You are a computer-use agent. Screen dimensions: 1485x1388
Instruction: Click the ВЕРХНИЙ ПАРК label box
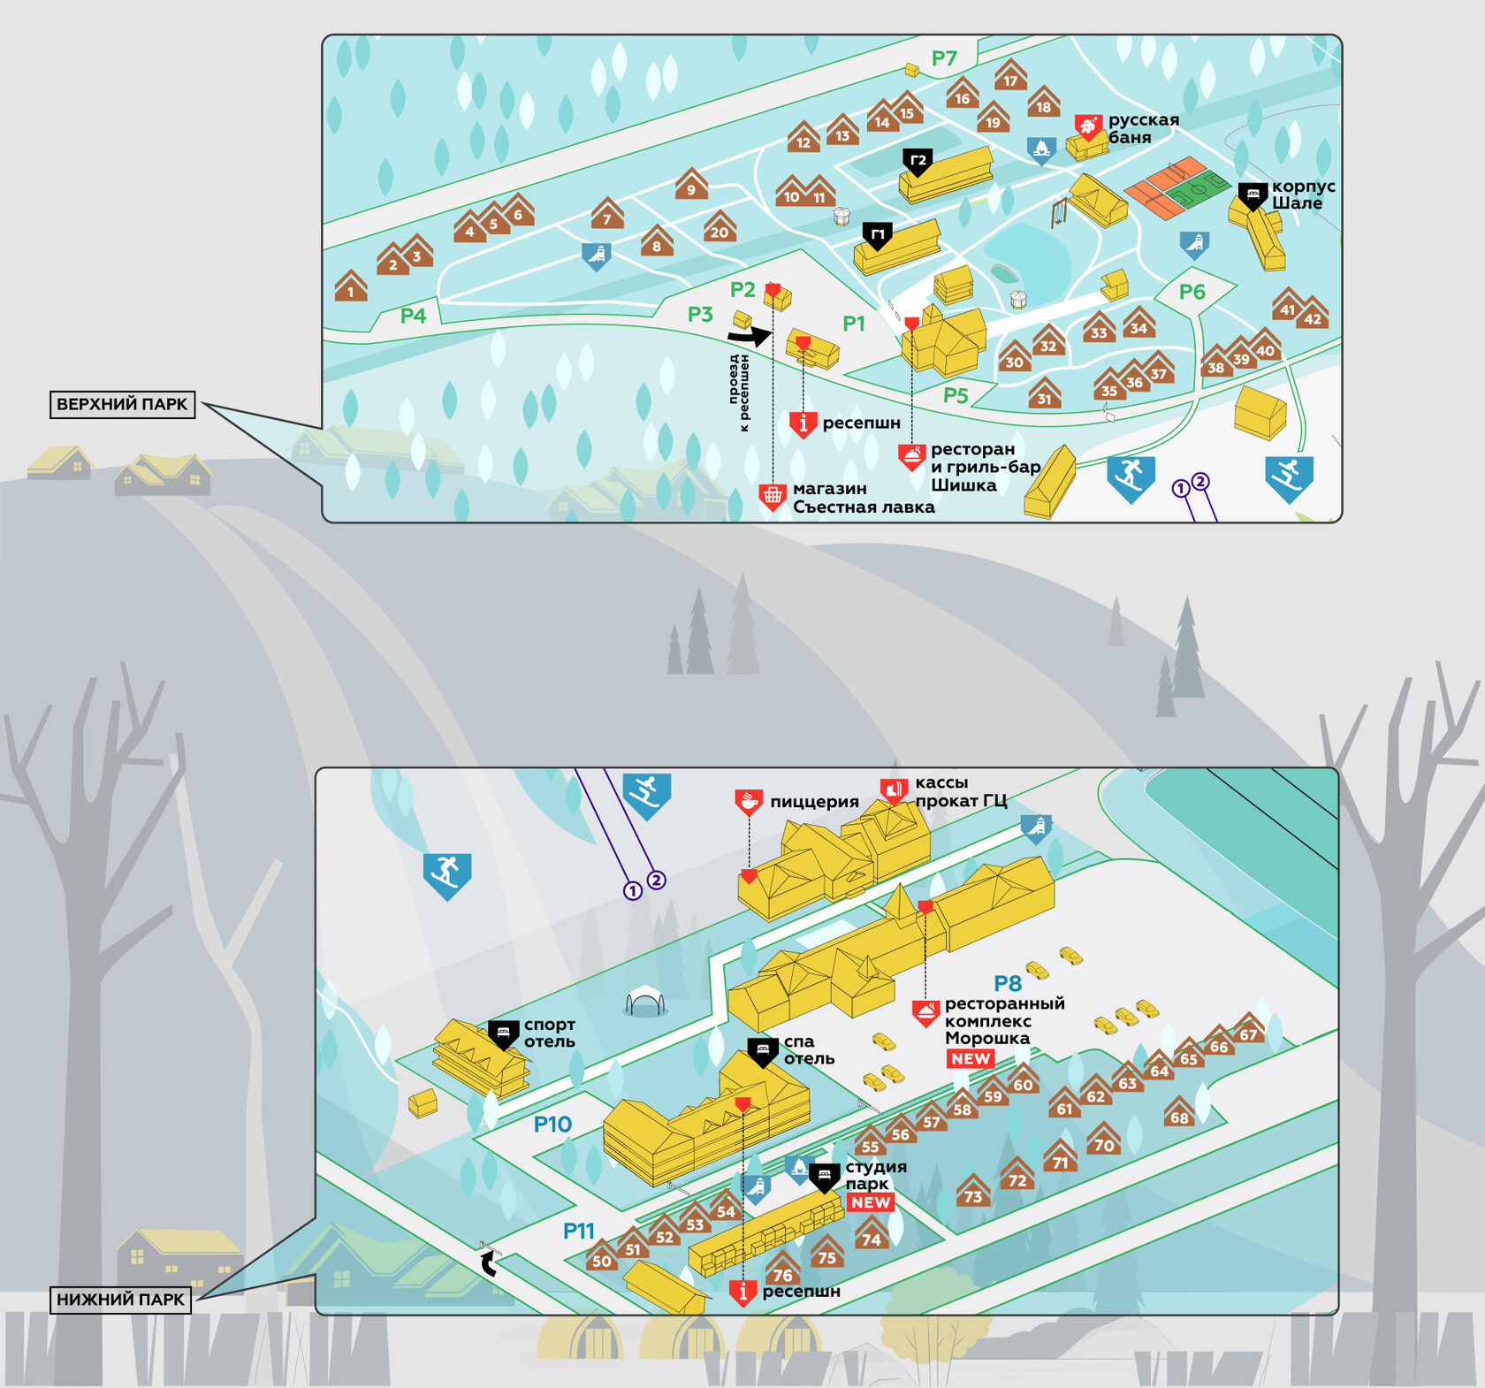(122, 404)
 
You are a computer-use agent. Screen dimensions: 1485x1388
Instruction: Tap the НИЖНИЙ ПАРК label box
(120, 1299)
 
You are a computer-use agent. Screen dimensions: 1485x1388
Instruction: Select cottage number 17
(1010, 77)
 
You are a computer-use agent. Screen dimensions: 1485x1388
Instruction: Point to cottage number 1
(351, 287)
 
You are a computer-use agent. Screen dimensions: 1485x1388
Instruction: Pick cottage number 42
(1312, 315)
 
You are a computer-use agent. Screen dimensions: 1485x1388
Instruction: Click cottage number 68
(1179, 1114)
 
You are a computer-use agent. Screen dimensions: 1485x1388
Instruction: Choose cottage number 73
(972, 1193)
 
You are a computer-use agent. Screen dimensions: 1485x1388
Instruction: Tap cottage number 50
(601, 1257)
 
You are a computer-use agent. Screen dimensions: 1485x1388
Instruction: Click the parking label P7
(944, 58)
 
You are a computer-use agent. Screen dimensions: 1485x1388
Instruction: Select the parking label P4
(413, 316)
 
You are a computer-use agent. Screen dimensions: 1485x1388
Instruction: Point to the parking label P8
(1008, 983)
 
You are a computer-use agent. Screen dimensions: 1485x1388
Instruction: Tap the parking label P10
(552, 1124)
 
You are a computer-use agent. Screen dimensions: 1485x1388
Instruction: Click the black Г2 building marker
(918, 162)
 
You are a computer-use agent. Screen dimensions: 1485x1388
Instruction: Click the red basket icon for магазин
(773, 497)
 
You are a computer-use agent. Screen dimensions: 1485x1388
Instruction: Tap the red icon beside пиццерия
(749, 802)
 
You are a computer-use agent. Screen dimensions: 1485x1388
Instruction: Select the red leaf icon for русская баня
(1088, 126)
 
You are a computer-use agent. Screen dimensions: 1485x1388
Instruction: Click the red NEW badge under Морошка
(971, 1058)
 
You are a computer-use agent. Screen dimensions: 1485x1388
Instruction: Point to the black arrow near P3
(750, 336)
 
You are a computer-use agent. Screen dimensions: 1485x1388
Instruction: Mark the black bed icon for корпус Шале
(1253, 194)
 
